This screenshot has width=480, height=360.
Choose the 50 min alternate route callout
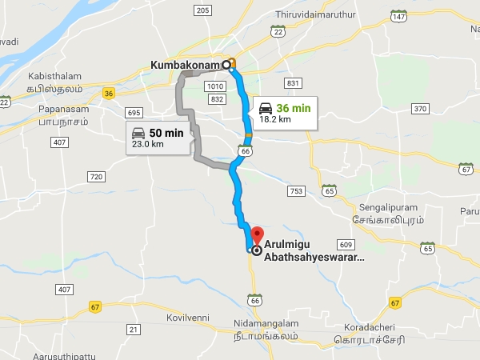158,138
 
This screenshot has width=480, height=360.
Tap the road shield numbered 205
202,10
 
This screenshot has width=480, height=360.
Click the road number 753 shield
296,191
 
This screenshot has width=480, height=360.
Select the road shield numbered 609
346,244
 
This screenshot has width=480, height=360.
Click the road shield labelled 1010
214,86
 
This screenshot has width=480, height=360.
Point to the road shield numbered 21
134,330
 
